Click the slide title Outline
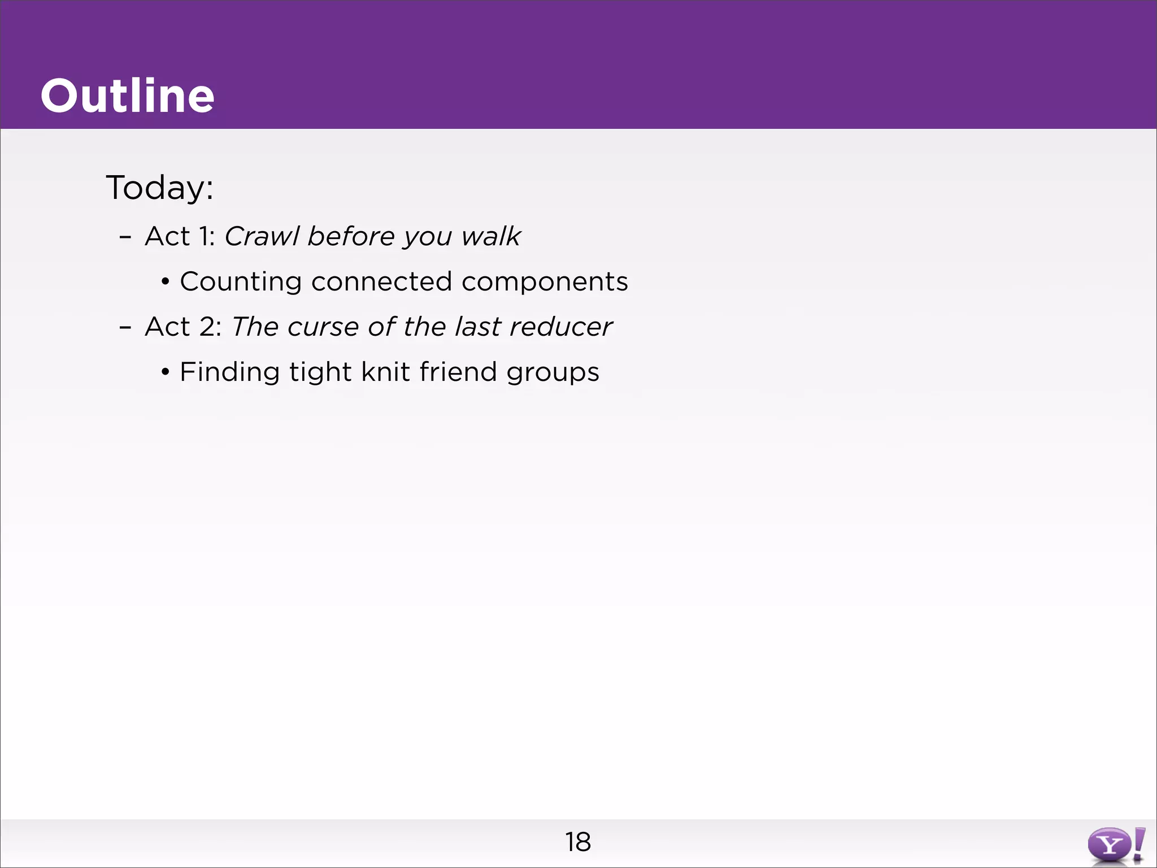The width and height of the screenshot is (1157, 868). tap(127, 96)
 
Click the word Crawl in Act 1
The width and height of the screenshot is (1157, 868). tap(262, 236)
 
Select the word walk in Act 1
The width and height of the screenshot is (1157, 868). tap(490, 236)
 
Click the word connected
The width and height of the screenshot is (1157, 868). tap(381, 281)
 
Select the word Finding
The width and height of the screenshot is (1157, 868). tap(229, 372)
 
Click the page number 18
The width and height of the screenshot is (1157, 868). tap(578, 842)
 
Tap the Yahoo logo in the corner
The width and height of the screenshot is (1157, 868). tap(1116, 845)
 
